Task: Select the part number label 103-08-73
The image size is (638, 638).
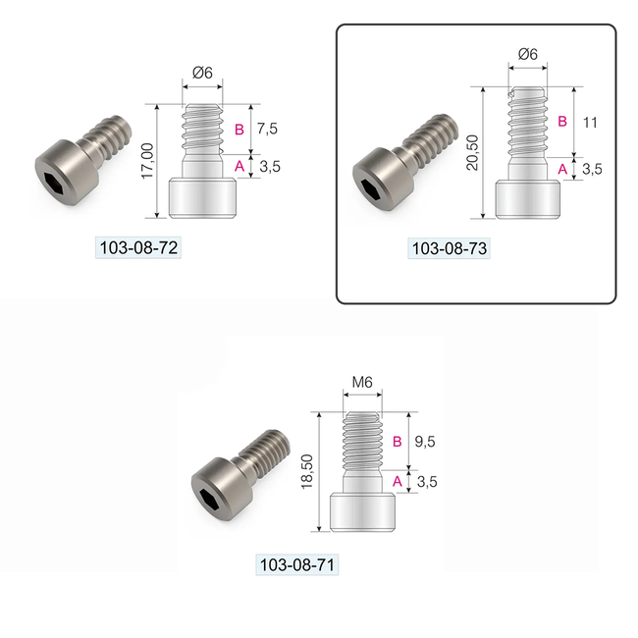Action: [449, 248]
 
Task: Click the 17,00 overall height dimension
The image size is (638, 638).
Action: [148, 161]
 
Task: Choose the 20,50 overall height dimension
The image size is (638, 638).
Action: [475, 152]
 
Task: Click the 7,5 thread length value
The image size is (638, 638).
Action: [267, 130]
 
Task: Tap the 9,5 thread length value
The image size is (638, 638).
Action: [424, 442]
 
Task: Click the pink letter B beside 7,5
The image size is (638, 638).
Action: [239, 130]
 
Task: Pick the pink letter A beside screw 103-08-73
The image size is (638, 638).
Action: [562, 168]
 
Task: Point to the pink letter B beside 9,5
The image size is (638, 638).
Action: [396, 442]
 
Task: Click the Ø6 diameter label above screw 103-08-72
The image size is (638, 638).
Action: [203, 73]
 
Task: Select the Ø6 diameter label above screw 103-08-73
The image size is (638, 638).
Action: [527, 55]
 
